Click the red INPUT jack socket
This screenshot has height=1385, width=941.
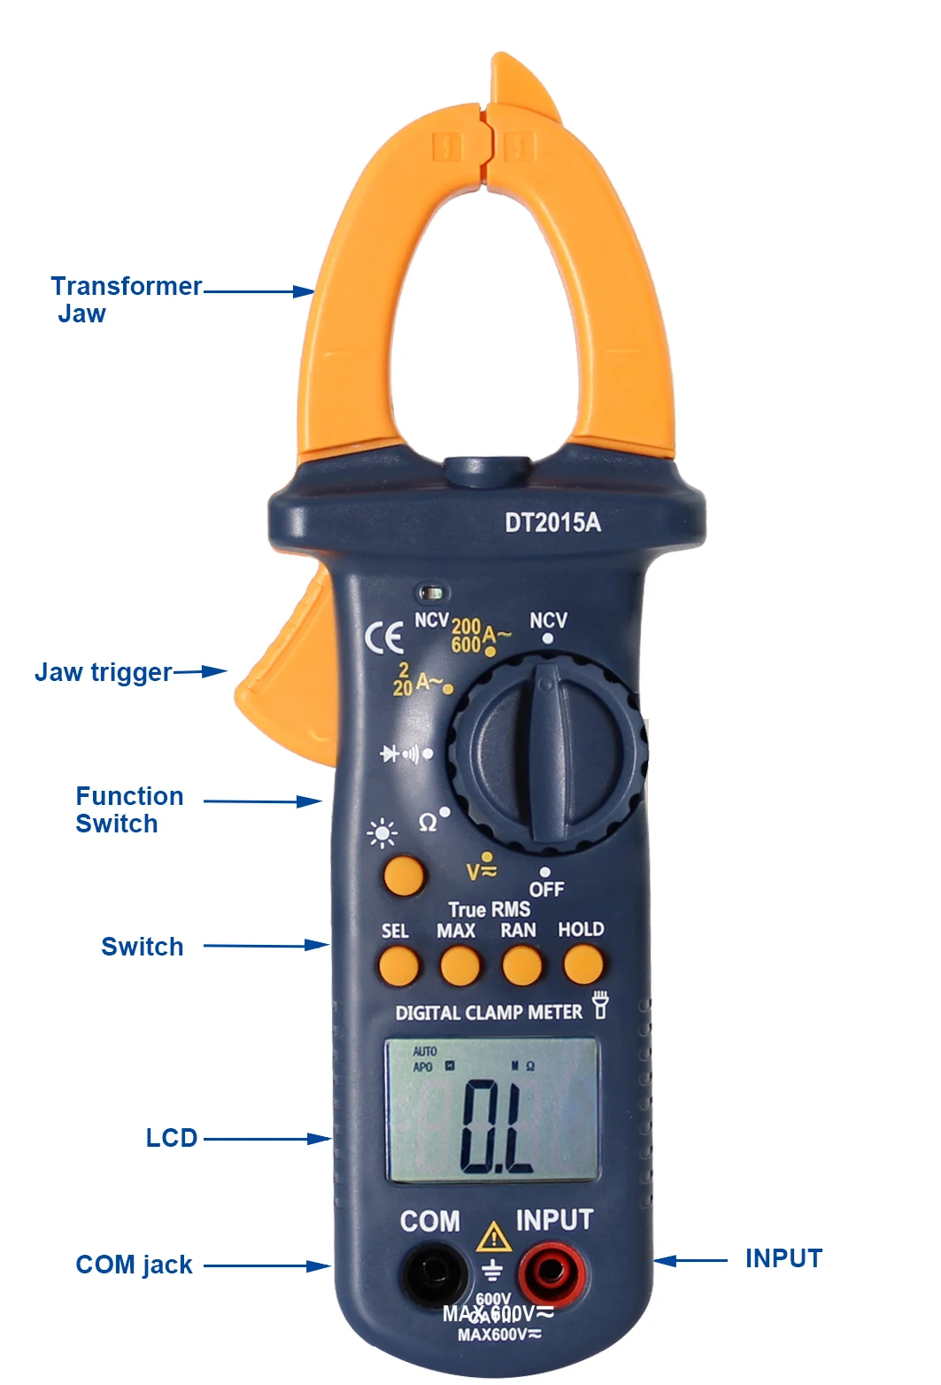point(550,1272)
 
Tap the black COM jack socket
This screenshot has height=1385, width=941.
point(435,1272)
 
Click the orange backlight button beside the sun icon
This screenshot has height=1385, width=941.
point(404,876)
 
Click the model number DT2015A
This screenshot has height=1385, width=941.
point(552,522)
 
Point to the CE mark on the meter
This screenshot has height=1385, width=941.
point(384,637)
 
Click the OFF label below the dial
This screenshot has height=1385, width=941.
point(546,888)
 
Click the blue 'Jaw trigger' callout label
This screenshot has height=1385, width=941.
point(104,672)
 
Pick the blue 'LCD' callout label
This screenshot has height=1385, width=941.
point(171,1138)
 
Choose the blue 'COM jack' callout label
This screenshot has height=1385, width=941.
point(134,1265)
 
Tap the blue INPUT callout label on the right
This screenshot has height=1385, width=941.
point(783,1258)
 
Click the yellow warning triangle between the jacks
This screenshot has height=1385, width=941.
point(493,1237)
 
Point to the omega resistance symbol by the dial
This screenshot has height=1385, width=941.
point(428,823)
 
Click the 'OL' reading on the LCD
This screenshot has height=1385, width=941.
point(496,1126)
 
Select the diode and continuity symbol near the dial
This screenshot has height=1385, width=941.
point(400,754)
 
